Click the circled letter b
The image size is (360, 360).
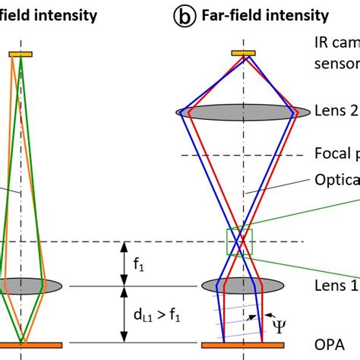(x=182, y=14)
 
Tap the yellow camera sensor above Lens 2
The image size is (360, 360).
(x=243, y=52)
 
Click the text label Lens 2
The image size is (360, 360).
(x=335, y=110)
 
